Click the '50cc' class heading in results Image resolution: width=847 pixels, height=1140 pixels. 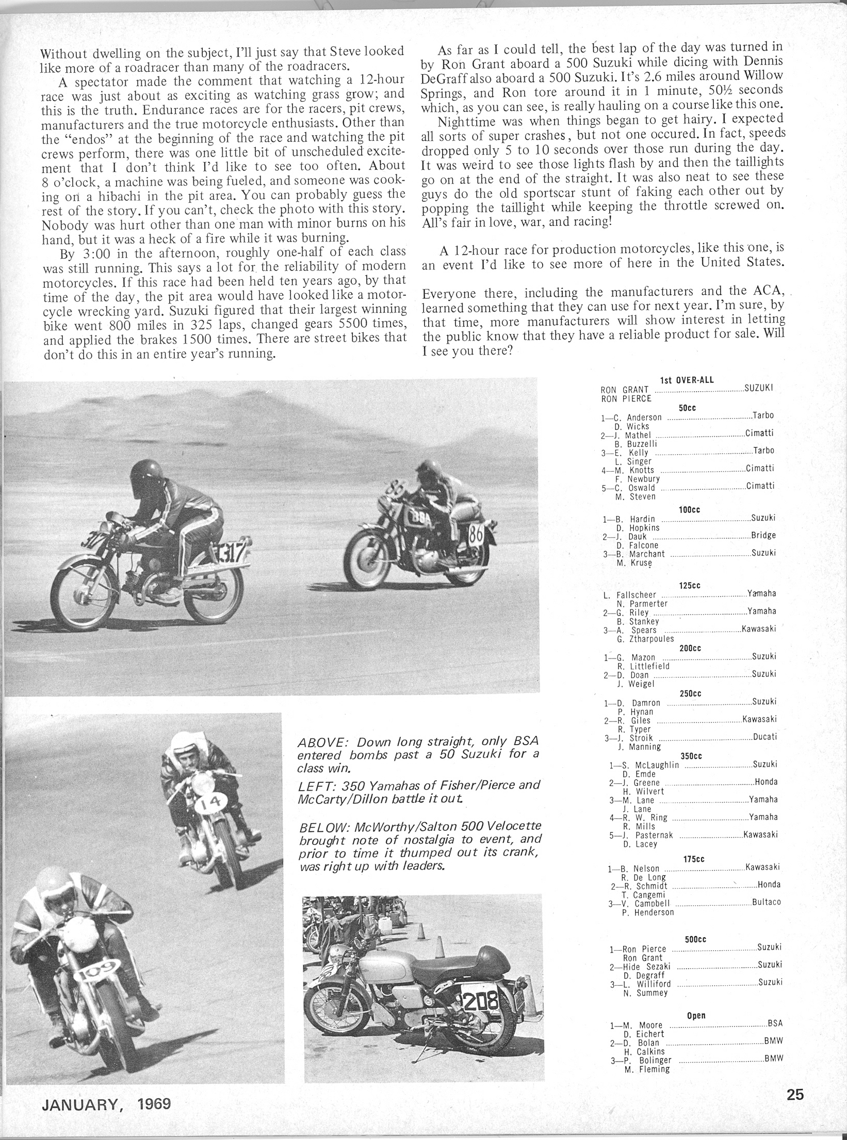[x=688, y=408]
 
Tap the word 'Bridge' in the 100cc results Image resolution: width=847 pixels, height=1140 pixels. [x=763, y=535]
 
